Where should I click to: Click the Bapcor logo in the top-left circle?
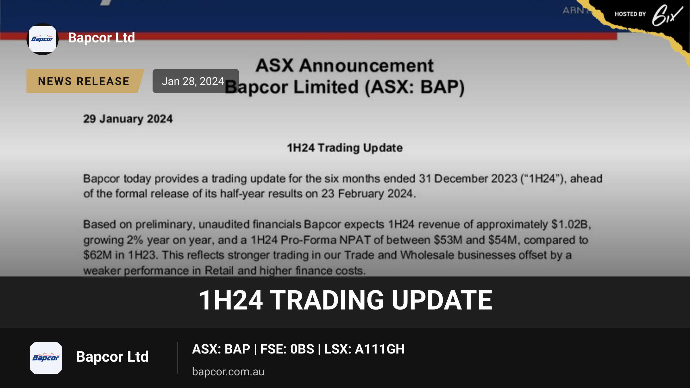click(x=43, y=39)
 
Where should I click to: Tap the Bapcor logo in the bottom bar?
click(x=46, y=358)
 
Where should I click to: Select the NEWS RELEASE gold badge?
click(x=84, y=81)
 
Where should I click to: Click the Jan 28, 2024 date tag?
click(x=196, y=81)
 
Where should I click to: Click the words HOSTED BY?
click(x=630, y=14)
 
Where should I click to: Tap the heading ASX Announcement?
click(x=344, y=66)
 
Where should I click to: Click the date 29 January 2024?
click(x=128, y=119)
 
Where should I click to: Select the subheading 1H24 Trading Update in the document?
click(x=345, y=148)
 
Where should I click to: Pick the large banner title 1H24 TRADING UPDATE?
click(x=345, y=300)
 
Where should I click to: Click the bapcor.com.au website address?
click(x=228, y=372)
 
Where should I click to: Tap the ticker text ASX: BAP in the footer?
click(x=221, y=349)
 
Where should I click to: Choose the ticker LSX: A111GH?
click(x=365, y=349)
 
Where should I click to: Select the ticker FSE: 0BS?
click(x=287, y=349)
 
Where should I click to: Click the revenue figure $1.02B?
click(x=571, y=224)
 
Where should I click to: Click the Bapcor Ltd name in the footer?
click(x=112, y=357)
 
